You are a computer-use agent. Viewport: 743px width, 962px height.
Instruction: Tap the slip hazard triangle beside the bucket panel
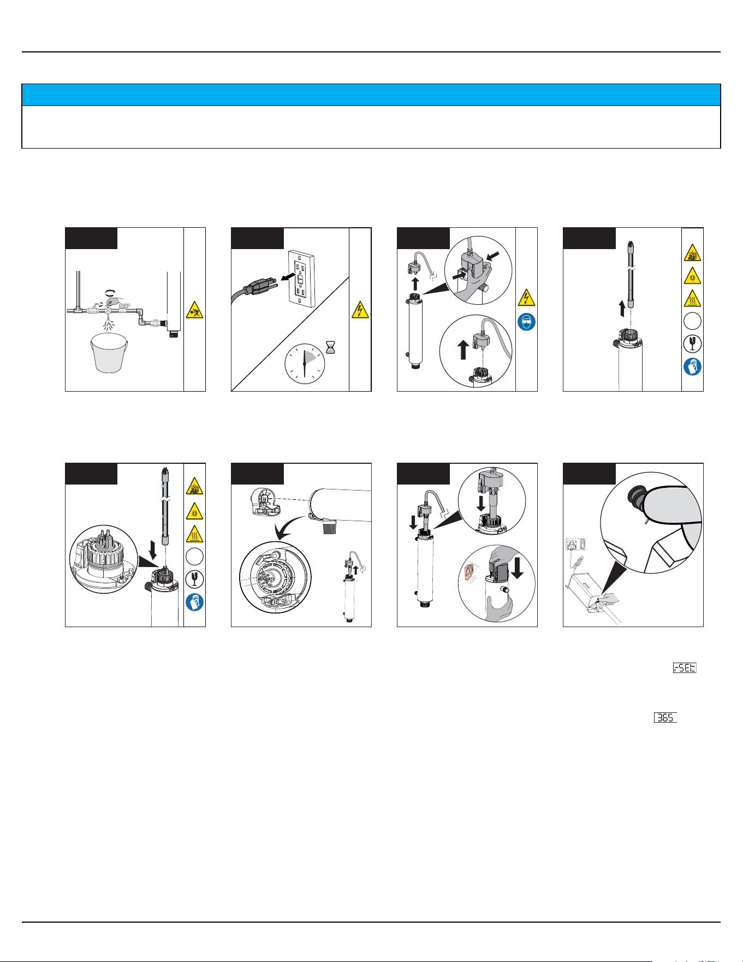click(x=194, y=310)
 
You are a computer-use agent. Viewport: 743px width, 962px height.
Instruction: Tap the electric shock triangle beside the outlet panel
click(x=360, y=310)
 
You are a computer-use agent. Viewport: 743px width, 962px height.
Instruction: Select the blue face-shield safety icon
click(x=526, y=322)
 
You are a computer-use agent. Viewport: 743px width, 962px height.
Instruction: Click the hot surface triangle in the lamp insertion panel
click(x=194, y=533)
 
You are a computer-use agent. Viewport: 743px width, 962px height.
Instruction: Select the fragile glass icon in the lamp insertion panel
click(x=194, y=579)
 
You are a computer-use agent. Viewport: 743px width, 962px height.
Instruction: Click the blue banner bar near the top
click(x=371, y=95)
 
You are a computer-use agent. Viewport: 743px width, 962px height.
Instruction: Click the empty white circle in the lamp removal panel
click(x=692, y=321)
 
